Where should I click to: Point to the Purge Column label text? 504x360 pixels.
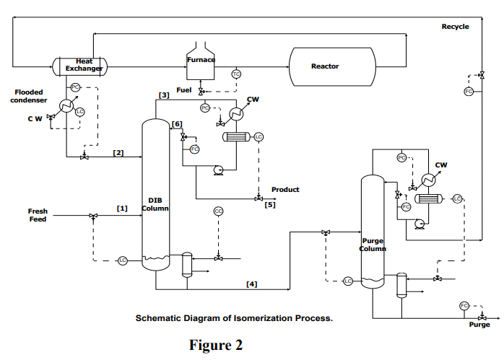point(373,245)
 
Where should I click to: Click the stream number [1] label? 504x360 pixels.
point(122,208)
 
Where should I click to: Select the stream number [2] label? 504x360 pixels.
point(118,152)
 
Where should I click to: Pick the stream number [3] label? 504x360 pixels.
point(164,95)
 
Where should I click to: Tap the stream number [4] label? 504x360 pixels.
point(251,284)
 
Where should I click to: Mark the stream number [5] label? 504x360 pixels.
point(269,205)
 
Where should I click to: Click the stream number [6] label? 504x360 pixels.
point(177,124)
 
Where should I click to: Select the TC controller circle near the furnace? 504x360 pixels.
point(236,74)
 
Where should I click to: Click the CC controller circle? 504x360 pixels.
point(218,211)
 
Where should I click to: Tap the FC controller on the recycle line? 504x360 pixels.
point(468,92)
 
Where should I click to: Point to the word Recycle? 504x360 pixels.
point(455,27)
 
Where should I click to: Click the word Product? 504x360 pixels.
point(285,190)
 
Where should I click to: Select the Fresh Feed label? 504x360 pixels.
point(38,215)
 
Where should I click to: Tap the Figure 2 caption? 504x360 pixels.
point(216,344)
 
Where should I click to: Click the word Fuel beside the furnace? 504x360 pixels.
point(183,89)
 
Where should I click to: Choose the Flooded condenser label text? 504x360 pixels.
point(29,96)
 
